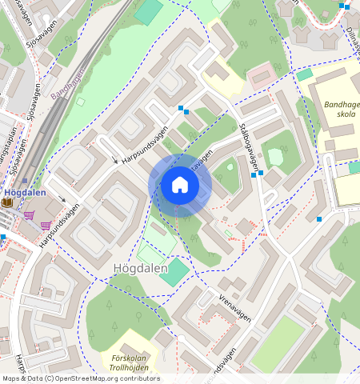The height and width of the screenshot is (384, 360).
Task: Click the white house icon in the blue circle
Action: pyautogui.click(x=180, y=186)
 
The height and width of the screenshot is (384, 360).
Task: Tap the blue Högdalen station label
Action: pyautogui.click(x=24, y=192)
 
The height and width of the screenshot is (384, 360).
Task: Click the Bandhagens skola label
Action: pyautogui.click(x=342, y=110)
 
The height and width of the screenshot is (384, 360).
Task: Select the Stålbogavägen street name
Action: pyautogui.click(x=250, y=146)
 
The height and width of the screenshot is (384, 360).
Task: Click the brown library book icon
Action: pyautogui.click(x=7, y=202)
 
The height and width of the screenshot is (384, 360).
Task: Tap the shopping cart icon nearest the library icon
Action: pyautogui.click(x=30, y=214)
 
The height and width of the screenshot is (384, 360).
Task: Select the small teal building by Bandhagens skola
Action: pyautogui.click(x=305, y=74)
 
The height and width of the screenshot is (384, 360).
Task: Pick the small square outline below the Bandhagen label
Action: pyautogui.click(x=80, y=102)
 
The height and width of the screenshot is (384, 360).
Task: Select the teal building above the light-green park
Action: pyautogui.click(x=149, y=11)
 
